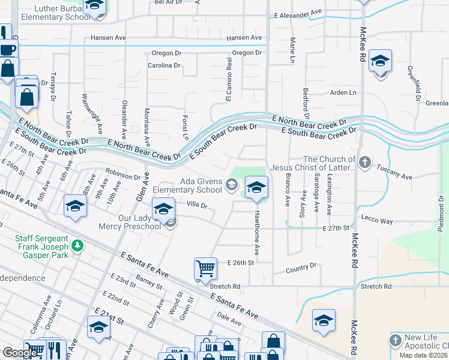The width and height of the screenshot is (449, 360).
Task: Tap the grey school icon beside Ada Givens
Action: pyautogui.click(x=232, y=184)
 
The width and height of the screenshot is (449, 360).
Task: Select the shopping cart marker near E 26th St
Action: pyautogui.click(x=205, y=268)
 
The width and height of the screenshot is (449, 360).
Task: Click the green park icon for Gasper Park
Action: pyautogui.click(x=77, y=245)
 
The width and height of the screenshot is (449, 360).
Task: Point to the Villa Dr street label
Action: pyautogui.click(x=196, y=205)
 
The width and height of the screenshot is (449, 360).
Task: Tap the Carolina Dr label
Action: pyautogui.click(x=164, y=65)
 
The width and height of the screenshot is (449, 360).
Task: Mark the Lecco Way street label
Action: pyautogui.click(x=377, y=221)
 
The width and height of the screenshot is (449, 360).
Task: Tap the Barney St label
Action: pyautogui.click(x=149, y=281)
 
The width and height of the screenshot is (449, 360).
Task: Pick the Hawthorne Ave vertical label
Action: pyautogui.click(x=256, y=231)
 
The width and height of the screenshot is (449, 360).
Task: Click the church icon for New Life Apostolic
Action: pyautogui.click(x=395, y=341)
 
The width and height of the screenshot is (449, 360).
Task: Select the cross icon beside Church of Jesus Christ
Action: pyautogui.click(x=366, y=161)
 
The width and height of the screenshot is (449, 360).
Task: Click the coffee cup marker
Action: pyautogui.click(x=7, y=50)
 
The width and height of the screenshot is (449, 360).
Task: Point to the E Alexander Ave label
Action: pyautogui.click(x=298, y=12)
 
